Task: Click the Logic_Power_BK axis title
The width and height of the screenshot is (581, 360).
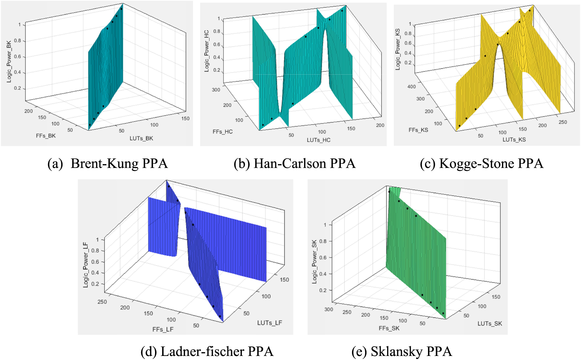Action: pyautogui.click(x=9, y=61)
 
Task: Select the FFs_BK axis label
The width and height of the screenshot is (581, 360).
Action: pyautogui.click(x=46, y=136)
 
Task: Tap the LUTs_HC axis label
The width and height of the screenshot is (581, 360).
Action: pyautogui.click(x=319, y=140)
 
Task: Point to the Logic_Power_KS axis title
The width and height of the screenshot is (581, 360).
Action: pyautogui.click(x=398, y=49)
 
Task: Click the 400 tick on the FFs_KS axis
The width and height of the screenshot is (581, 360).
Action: pyautogui.click(x=411, y=87)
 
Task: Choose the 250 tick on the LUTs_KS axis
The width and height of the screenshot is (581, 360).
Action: pyautogui.click(x=563, y=122)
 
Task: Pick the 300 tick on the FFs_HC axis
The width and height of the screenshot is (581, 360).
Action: pyautogui.click(x=216, y=90)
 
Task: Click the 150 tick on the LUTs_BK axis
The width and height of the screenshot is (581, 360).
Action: pyautogui.click(x=185, y=119)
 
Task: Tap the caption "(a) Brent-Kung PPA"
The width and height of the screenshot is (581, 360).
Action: pyautogui.click(x=107, y=163)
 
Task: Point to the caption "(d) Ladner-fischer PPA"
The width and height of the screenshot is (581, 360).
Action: pyautogui.click(x=207, y=352)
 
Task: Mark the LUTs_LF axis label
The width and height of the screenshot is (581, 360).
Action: pyautogui.click(x=270, y=323)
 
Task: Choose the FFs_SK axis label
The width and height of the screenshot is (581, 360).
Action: pyautogui.click(x=389, y=328)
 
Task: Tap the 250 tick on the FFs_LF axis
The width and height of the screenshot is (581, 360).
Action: pyautogui.click(x=102, y=302)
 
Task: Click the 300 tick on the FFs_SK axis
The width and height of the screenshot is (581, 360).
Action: pyautogui.click(x=329, y=309)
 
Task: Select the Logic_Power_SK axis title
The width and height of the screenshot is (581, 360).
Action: pyautogui.click(x=314, y=261)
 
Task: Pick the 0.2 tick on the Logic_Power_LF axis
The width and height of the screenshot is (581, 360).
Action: pyautogui.click(x=95, y=284)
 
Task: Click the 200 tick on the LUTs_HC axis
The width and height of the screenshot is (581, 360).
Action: pyautogui.click(x=380, y=125)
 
